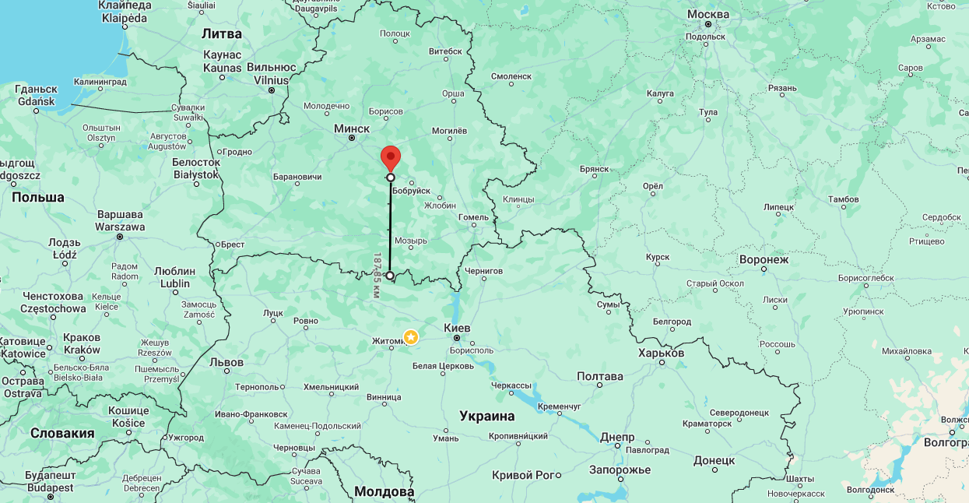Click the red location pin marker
click(390, 157)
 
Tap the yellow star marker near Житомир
click(410, 336)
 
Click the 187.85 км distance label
click(377, 275)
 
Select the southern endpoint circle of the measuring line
click(390, 276)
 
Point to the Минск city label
click(351, 128)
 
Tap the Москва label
click(708, 14)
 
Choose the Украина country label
click(486, 416)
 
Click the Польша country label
click(38, 197)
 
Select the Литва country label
click(222, 33)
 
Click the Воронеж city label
click(764, 259)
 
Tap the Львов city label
click(226, 362)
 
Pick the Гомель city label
click(473, 216)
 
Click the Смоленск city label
click(511, 76)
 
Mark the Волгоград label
click(944, 442)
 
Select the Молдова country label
click(384, 491)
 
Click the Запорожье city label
click(620, 470)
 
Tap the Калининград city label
click(100, 81)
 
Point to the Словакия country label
click(62, 433)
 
